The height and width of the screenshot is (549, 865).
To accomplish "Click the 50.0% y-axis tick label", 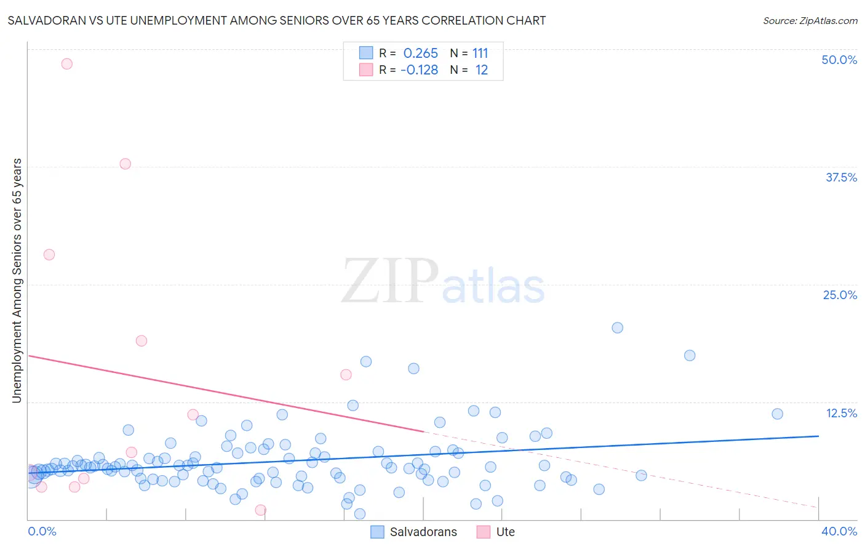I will click(839, 60).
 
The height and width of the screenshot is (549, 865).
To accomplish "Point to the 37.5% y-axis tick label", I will click(841, 177).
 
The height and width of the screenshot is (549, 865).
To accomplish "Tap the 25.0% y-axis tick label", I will click(840, 295).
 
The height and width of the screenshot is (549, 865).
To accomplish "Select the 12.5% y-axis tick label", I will click(841, 413).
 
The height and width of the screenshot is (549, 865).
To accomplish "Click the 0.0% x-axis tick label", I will click(42, 531).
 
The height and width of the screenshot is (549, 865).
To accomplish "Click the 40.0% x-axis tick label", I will click(839, 531).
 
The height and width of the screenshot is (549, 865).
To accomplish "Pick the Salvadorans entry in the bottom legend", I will click(423, 532).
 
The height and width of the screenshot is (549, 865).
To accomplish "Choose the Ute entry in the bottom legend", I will click(505, 532).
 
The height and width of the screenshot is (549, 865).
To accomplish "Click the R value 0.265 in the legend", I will click(421, 54).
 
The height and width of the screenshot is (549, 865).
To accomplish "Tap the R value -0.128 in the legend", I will click(419, 70).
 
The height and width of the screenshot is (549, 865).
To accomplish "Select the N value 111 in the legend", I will click(480, 54).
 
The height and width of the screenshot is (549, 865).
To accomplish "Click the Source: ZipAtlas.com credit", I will click(810, 21).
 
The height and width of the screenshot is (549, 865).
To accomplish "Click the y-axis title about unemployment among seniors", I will click(17, 281).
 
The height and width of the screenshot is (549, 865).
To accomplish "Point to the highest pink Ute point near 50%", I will click(67, 64).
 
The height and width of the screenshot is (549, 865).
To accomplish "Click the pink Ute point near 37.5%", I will click(126, 164).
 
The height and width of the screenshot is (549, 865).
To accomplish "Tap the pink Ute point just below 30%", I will click(49, 255).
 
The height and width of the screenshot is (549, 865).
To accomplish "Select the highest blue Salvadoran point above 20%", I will click(618, 328).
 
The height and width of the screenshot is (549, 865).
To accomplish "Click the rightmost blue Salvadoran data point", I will click(777, 414).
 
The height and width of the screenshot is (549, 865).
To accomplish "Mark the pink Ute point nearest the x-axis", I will click(261, 510).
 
